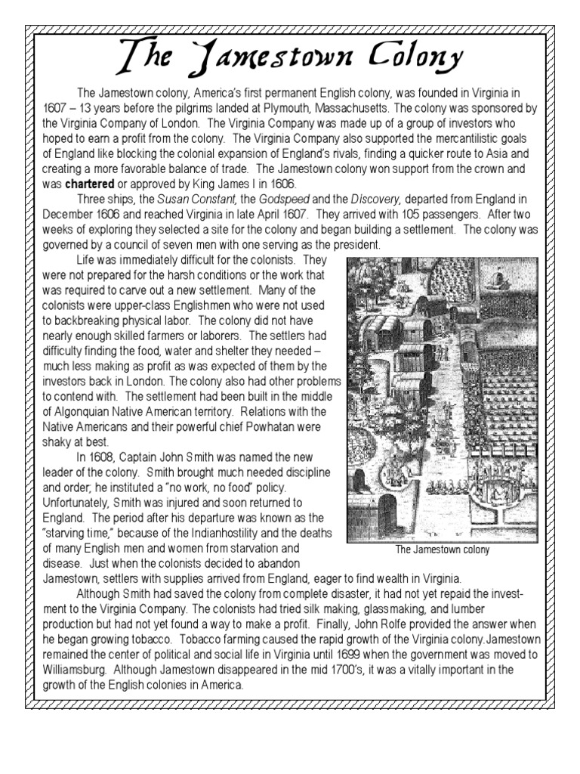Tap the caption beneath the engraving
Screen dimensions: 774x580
coord(443,550)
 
